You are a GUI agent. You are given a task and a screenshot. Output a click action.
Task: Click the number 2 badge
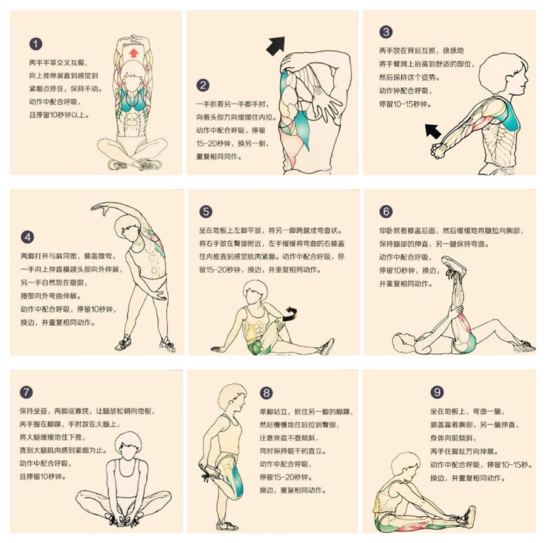tap(204, 85)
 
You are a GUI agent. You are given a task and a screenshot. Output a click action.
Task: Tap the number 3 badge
tap(386, 32)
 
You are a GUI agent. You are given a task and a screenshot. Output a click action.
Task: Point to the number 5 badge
tap(206, 211)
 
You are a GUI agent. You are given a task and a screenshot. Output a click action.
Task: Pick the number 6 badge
tap(386, 211)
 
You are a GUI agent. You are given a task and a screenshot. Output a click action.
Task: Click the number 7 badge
tap(27, 392)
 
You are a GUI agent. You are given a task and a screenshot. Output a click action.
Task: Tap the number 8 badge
tap(267, 392)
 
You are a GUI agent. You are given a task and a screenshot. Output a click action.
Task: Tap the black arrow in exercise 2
tap(276, 44)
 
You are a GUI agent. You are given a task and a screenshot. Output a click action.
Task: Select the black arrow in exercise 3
tap(433, 129)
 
